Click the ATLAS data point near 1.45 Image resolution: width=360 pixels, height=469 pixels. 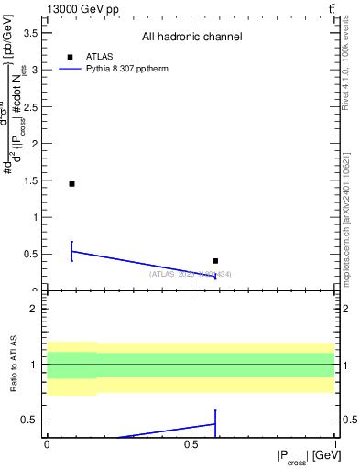tap(71, 184)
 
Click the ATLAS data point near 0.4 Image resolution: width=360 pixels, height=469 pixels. tap(215, 261)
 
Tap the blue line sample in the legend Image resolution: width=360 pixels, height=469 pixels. tap(71, 69)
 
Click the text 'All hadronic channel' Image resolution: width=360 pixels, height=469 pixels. tap(191, 38)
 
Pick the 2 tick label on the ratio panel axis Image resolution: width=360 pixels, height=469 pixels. tap(34, 310)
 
